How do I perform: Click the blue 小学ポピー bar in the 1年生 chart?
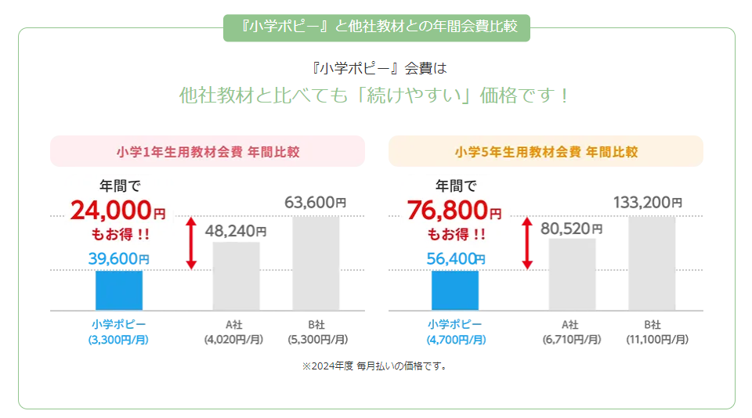pyautogui.click(x=119, y=290)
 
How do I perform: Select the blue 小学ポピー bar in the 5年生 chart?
pyautogui.click(x=454, y=290)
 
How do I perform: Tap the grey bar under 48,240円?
pyautogui.click(x=236, y=276)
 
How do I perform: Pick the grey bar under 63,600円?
pyautogui.click(x=316, y=263)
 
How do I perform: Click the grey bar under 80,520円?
pyautogui.click(x=572, y=274)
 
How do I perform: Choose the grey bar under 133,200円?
pyautogui.click(x=652, y=263)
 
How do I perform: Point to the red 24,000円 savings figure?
pyautogui.click(x=118, y=211)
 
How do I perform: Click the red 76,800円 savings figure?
pyautogui.click(x=454, y=211)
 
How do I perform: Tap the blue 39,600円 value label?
pyautogui.click(x=118, y=258)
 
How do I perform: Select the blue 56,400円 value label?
pyautogui.click(x=456, y=258)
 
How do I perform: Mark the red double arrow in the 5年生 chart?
pyautogui.click(x=527, y=243)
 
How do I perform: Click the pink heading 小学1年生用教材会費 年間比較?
pyautogui.click(x=208, y=152)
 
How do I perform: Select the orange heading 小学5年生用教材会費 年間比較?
pyautogui.click(x=546, y=152)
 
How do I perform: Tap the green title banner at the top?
pyautogui.click(x=376, y=27)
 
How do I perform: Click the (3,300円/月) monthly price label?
pyautogui.click(x=118, y=340)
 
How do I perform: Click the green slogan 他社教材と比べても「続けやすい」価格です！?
pyautogui.click(x=374, y=96)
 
